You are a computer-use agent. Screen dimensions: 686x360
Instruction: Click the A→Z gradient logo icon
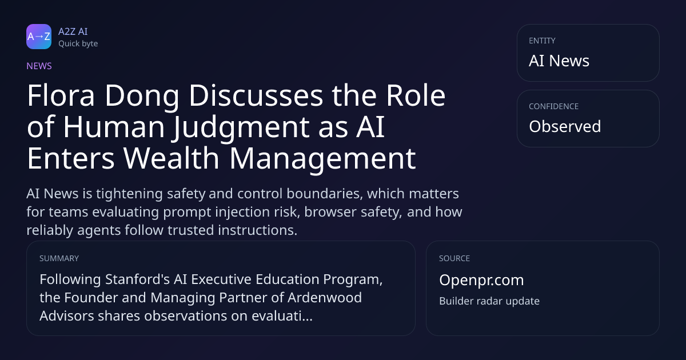point(39,37)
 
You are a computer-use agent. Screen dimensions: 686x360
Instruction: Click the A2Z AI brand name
point(73,31)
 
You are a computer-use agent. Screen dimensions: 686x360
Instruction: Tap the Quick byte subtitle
point(78,44)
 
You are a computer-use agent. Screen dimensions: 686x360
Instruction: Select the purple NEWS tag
point(39,66)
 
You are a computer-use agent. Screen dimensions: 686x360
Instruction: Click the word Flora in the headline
point(61,95)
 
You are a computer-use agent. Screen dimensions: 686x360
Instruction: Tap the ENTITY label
point(542,41)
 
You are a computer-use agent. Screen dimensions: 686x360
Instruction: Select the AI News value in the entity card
point(559,61)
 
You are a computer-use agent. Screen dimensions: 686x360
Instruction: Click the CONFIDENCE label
point(554,106)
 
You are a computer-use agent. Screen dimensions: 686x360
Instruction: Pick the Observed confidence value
point(565,126)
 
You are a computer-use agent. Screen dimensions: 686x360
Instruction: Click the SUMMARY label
point(59,258)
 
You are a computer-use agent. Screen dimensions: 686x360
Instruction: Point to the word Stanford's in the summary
point(137,279)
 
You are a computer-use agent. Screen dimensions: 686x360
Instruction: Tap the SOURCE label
point(454,258)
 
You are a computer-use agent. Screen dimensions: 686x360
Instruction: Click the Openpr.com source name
point(481,280)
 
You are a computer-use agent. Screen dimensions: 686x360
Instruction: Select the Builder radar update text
point(489,301)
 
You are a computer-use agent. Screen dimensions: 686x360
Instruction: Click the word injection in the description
point(242,212)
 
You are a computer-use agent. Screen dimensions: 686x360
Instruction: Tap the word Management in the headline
point(323,159)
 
